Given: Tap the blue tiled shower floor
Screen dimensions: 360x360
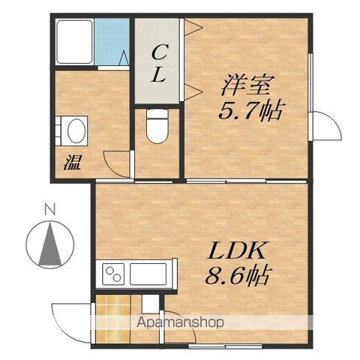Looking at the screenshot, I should click(112, 41).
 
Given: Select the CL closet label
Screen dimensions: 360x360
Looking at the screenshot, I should click(159, 64).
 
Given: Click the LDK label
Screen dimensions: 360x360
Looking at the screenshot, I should click(237, 250).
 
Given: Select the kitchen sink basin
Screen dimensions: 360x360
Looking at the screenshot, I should click(150, 273).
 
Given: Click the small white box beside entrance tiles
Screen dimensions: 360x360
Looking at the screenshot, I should click(150, 304).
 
